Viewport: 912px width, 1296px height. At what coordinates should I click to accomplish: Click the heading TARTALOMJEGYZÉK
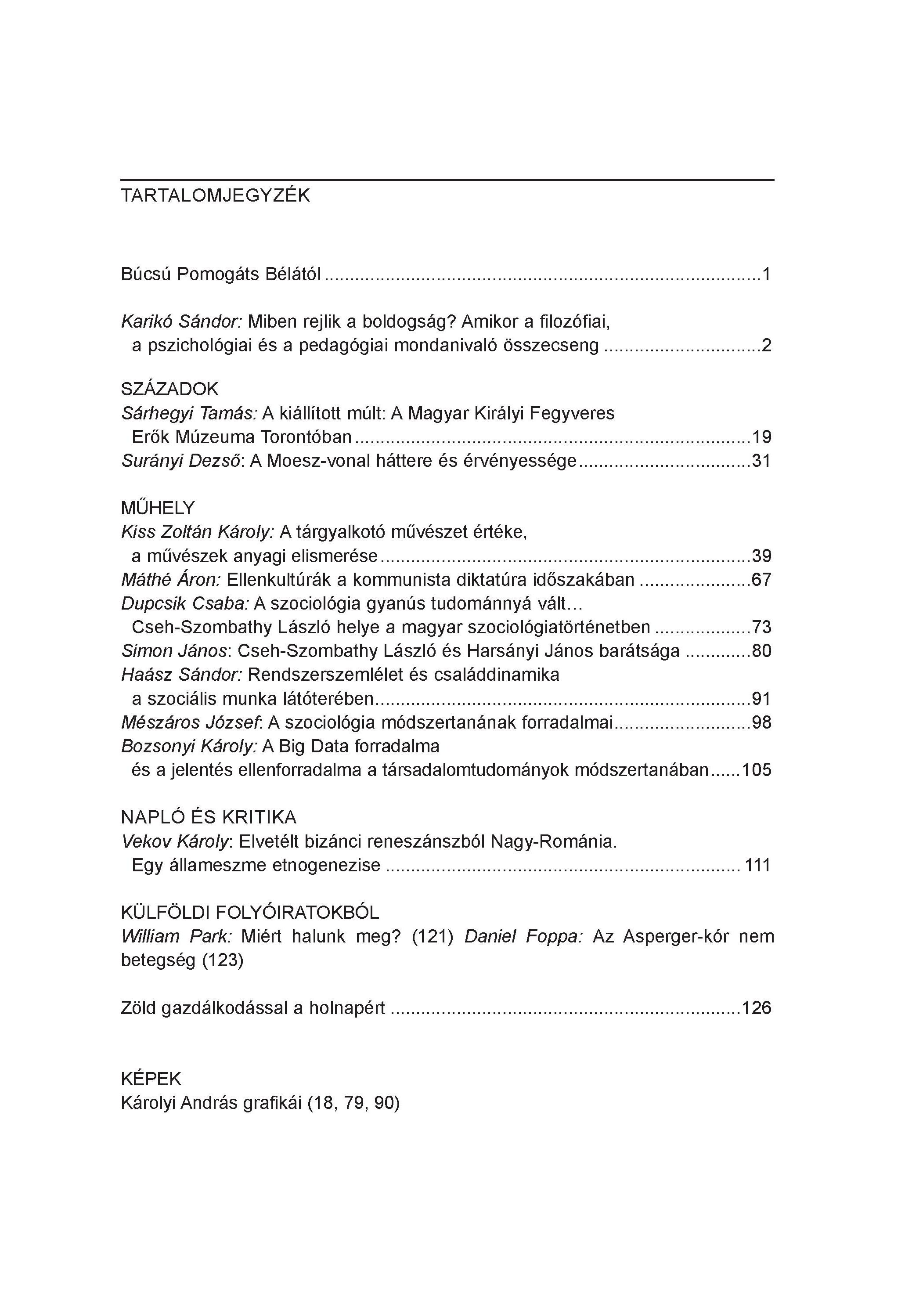[x=215, y=195]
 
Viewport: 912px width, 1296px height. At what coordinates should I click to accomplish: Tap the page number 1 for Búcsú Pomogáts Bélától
[x=766, y=275]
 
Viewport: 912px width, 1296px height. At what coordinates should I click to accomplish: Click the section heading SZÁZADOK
[x=169, y=389]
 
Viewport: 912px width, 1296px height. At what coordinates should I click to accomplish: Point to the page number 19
[x=761, y=437]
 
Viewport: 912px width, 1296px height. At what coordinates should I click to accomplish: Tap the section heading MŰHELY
[x=158, y=508]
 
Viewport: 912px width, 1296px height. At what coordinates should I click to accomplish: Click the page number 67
[x=761, y=580]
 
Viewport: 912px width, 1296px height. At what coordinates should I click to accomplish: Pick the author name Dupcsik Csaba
[x=184, y=603]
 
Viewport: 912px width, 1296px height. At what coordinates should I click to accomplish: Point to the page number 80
[x=761, y=651]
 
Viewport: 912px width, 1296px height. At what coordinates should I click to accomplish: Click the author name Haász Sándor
[x=181, y=675]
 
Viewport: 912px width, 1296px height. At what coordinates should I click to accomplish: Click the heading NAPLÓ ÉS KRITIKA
[x=208, y=817]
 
